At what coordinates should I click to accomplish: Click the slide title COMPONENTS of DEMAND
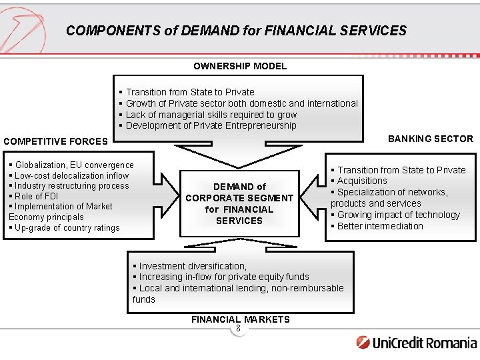(236, 31)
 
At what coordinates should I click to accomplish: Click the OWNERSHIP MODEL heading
(240, 66)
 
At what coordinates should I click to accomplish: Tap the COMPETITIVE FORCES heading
(55, 141)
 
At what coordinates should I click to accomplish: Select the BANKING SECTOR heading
(431, 139)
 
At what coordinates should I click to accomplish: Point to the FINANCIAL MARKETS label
(240, 319)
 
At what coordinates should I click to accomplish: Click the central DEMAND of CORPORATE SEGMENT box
(239, 204)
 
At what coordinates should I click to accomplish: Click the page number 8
(238, 328)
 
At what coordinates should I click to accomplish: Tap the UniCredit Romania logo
(417, 343)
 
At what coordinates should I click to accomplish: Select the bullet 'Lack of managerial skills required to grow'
(211, 115)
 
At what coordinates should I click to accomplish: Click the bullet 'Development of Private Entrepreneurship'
(211, 125)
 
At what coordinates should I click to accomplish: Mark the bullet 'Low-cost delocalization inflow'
(71, 175)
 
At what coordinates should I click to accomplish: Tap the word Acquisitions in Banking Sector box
(362, 181)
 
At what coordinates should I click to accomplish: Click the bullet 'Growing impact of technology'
(399, 215)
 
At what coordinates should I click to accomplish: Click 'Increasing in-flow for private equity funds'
(224, 277)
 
